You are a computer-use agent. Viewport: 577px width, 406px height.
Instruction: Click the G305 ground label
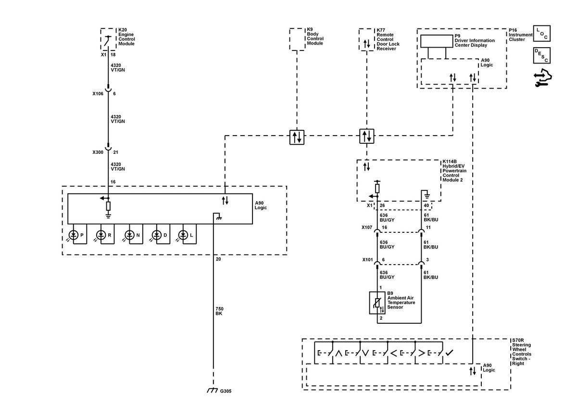(x=226, y=391)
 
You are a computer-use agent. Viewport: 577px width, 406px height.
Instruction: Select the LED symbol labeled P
(x=74, y=235)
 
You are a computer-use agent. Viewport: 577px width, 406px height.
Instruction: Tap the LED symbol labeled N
(x=129, y=235)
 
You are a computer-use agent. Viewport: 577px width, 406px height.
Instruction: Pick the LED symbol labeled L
(x=183, y=235)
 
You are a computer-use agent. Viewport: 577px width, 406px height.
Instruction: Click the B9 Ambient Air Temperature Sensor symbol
(x=377, y=303)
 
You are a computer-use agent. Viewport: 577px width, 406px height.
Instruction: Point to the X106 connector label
(x=98, y=94)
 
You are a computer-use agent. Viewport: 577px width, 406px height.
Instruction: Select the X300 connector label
(x=98, y=152)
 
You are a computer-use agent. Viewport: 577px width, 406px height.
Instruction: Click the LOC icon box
(x=542, y=33)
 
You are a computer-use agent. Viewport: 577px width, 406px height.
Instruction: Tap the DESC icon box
(x=542, y=55)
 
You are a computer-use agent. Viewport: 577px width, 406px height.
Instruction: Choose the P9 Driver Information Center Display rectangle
(x=437, y=41)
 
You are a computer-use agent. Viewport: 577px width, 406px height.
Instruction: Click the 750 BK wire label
(x=219, y=311)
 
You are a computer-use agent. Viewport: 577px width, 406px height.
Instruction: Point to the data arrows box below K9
(x=297, y=137)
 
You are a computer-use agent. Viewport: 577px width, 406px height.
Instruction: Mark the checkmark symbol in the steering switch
(x=449, y=353)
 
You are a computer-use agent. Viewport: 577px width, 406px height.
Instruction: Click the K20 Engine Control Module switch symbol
(x=108, y=41)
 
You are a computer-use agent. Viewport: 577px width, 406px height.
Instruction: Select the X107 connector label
(x=367, y=228)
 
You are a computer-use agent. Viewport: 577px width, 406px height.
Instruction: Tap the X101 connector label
(x=367, y=260)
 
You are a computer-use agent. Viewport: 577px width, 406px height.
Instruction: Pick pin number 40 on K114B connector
(x=426, y=205)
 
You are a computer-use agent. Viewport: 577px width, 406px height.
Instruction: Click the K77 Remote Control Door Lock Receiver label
(x=388, y=39)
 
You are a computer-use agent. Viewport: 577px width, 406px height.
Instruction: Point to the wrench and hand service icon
(x=542, y=77)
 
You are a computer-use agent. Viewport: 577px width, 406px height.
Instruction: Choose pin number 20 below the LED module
(x=218, y=259)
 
